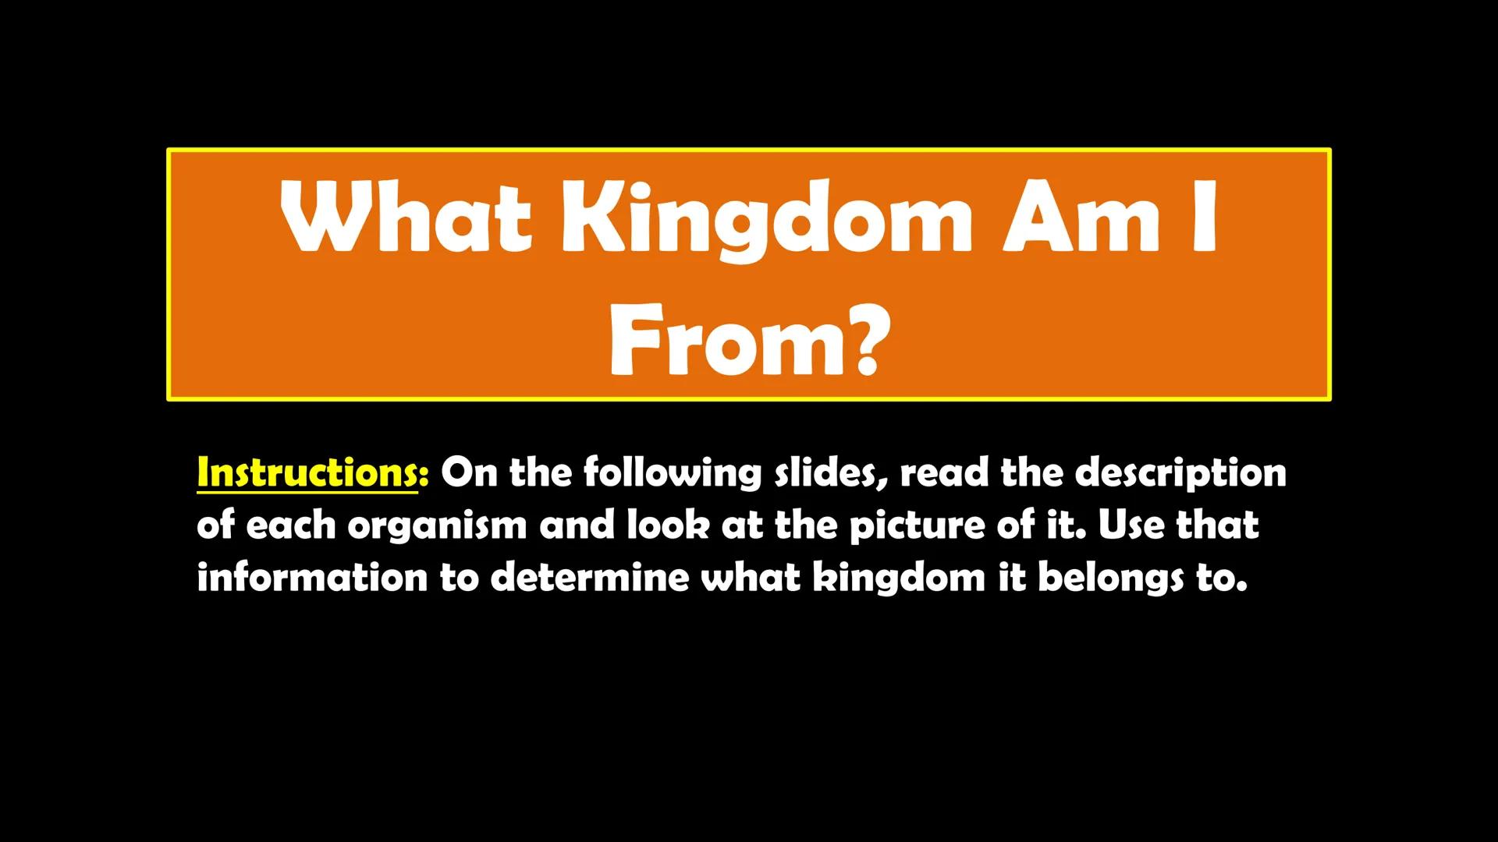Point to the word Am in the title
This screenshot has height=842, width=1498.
click(1081, 216)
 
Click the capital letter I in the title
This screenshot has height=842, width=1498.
click(1204, 216)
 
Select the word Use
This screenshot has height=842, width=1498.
click(1131, 525)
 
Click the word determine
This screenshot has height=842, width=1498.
click(590, 578)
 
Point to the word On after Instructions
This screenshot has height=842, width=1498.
click(469, 473)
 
